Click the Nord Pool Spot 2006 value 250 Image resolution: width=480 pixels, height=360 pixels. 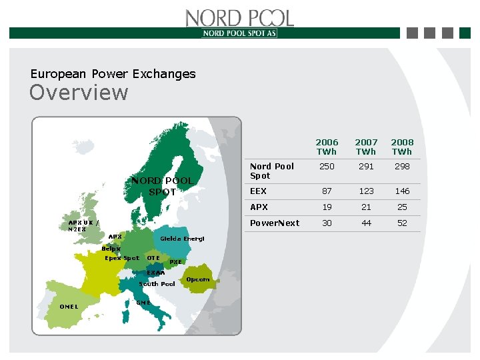(327, 167)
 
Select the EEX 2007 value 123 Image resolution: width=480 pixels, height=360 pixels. (366, 191)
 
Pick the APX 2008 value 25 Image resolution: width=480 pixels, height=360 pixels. (402, 207)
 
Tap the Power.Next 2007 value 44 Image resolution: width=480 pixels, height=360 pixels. (366, 223)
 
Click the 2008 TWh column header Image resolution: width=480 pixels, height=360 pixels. (402, 147)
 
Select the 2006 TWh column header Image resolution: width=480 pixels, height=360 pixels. (327, 147)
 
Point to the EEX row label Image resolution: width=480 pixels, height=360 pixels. (258, 191)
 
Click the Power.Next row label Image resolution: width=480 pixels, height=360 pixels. (274, 223)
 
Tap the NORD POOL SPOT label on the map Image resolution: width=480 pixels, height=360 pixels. (162, 186)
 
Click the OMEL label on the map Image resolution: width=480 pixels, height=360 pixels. (69, 307)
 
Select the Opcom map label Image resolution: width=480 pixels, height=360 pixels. (197, 279)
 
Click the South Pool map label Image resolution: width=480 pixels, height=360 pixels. (157, 284)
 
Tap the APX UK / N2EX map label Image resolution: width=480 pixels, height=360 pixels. (84, 225)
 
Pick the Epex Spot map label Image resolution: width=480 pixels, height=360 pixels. (122, 258)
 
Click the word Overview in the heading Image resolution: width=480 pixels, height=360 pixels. (79, 93)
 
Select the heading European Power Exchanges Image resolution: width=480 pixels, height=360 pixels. (113, 74)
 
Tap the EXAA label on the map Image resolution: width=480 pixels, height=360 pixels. (155, 273)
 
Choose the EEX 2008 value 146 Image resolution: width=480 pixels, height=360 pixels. (402, 191)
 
